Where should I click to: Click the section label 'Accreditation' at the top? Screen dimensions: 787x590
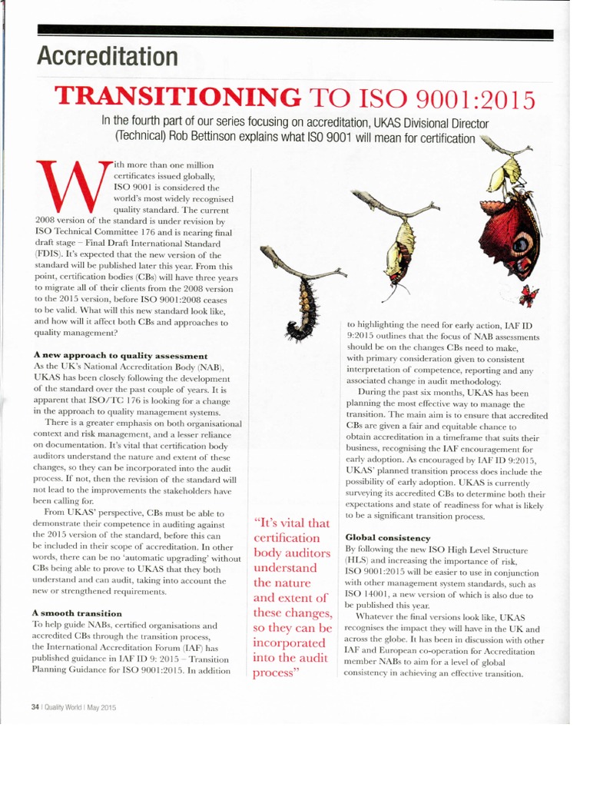(x=108, y=56)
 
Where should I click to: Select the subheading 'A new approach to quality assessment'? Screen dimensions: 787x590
(x=120, y=356)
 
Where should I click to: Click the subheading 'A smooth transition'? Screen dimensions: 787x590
(x=77, y=613)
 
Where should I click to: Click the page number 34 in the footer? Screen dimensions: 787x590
(x=35, y=708)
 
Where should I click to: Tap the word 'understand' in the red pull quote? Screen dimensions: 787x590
(x=285, y=568)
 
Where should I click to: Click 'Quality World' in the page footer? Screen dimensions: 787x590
(x=63, y=708)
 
